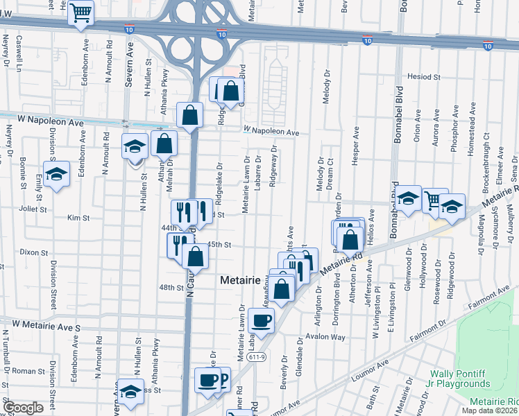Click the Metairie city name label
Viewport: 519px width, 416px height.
tap(240, 280)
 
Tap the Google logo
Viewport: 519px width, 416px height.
tap(23, 408)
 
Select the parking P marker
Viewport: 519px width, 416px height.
tap(221, 379)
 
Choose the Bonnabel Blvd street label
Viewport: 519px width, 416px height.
tap(399, 114)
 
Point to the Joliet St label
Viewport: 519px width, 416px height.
tap(33, 208)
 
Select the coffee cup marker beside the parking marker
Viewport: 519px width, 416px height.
tap(207, 379)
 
